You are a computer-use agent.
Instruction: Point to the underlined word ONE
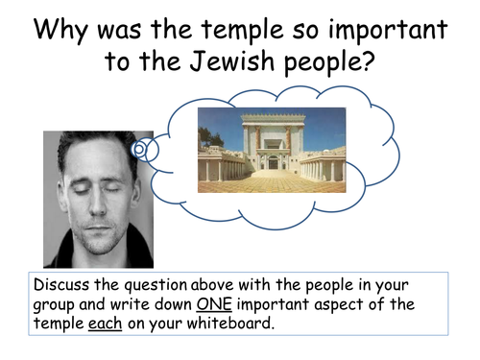tap(215, 304)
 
